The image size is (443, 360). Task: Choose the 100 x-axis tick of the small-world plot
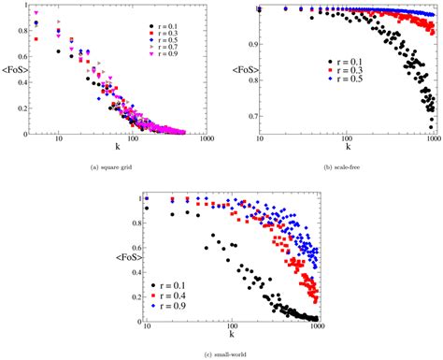point(231,327)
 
